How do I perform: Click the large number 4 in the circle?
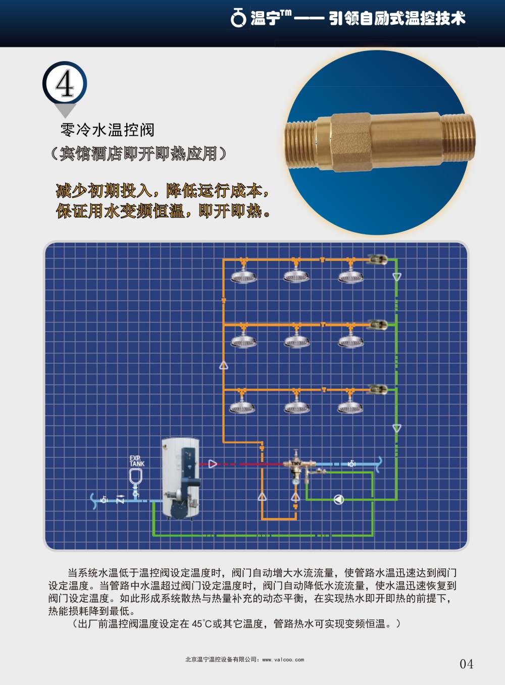tap(65, 84)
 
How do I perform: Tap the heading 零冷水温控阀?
tap(107, 130)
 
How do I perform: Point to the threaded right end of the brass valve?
tap(458, 137)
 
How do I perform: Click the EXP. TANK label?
tap(136, 461)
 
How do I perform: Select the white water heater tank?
tap(180, 477)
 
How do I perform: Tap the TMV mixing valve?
tap(296, 464)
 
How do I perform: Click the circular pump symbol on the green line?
tap(339, 499)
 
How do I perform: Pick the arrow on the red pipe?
tap(213, 463)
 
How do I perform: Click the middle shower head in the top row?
tap(296, 276)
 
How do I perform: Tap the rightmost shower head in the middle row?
tap(350, 341)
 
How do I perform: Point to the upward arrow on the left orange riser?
tap(224, 365)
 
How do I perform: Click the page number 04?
tap(466, 664)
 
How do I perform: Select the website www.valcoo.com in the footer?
tap(283, 659)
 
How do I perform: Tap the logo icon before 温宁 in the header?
tap(238, 18)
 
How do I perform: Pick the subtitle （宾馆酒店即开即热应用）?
tap(138, 153)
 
